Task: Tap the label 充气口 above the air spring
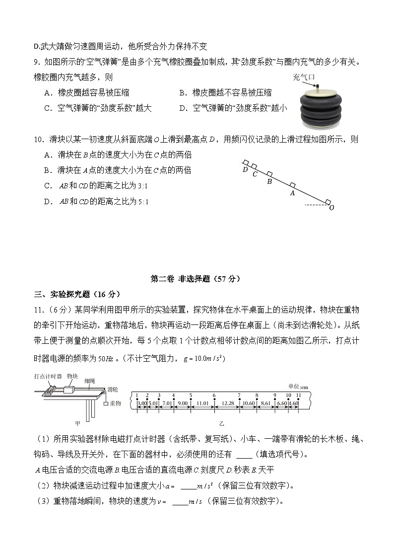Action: pos(304,77)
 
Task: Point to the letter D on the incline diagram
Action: pos(245,169)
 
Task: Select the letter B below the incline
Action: pos(269,182)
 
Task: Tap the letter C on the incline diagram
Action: pos(255,174)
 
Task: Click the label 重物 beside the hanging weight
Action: pos(115,403)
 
